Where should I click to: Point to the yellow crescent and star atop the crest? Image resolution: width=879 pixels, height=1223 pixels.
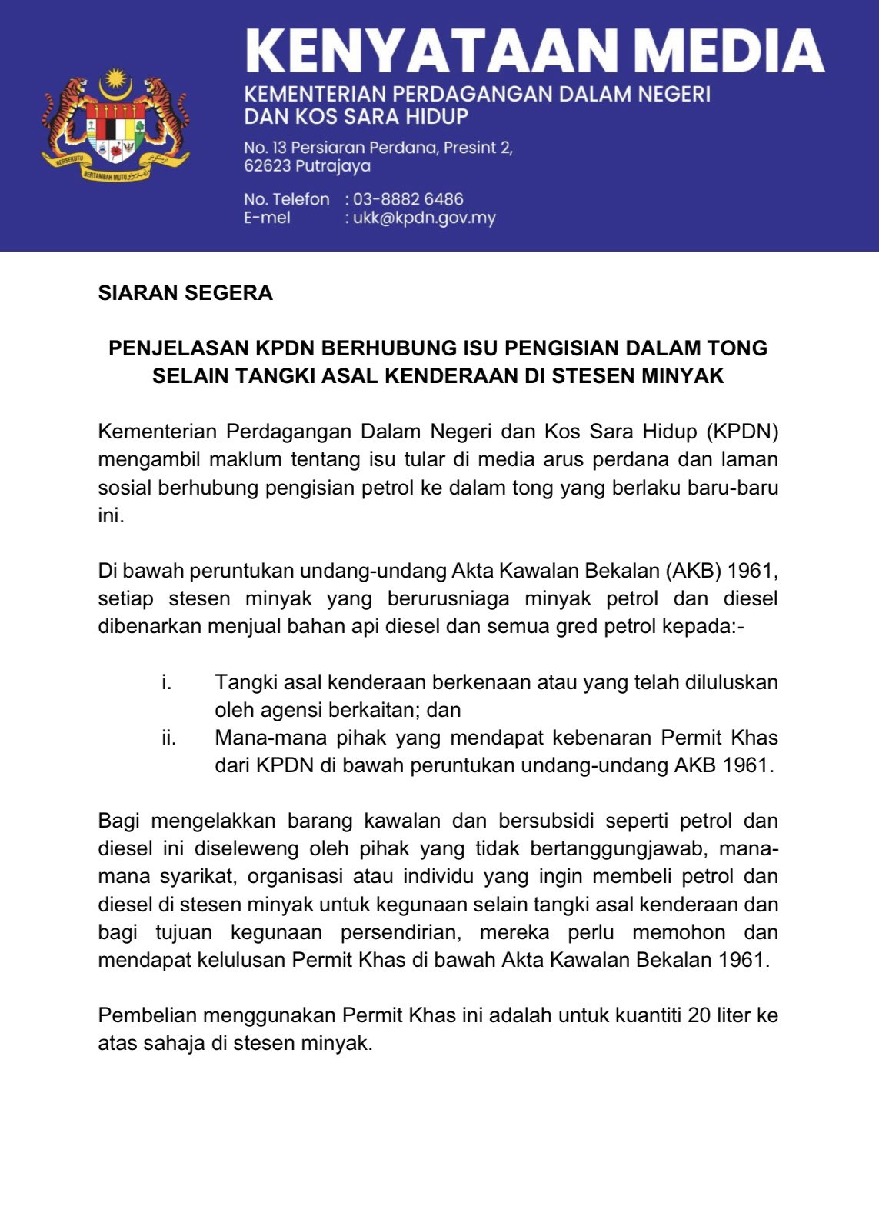(x=115, y=79)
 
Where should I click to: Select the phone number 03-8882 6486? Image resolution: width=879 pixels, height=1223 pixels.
(x=408, y=199)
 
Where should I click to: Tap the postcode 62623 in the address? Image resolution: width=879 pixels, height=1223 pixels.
(x=265, y=165)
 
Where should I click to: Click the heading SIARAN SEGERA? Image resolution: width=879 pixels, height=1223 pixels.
(x=185, y=293)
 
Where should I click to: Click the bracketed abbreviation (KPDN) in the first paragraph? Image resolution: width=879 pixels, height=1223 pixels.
(x=742, y=432)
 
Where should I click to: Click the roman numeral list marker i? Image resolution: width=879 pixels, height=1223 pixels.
(x=166, y=682)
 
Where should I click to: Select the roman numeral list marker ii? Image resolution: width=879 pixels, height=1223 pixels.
(x=168, y=738)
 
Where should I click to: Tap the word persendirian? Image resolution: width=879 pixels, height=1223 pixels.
(x=400, y=932)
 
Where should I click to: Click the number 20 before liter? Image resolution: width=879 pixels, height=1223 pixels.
(x=699, y=1015)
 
